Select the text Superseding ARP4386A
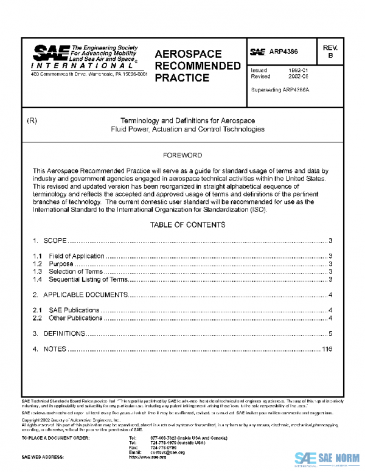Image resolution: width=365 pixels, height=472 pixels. tap(280, 89)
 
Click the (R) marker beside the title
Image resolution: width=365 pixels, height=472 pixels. tap(33, 121)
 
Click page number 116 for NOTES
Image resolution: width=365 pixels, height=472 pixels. tap(327, 349)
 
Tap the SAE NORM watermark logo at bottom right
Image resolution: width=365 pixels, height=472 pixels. tap(328, 457)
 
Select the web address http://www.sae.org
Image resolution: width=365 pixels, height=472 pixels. tap(148, 457)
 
